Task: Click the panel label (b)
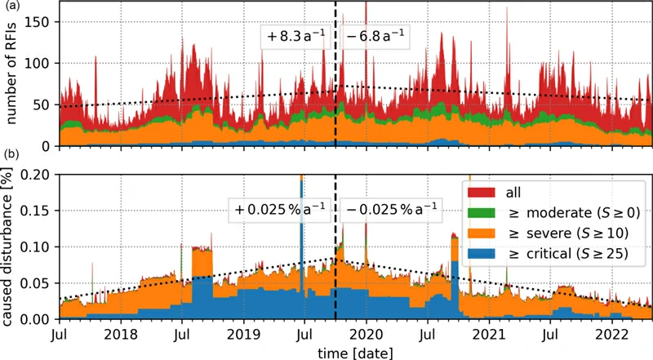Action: (x=9, y=154)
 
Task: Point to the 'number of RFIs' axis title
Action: (x=11, y=75)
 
